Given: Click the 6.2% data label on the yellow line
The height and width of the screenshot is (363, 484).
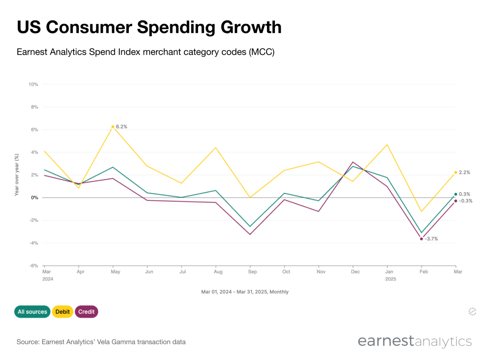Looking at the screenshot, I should tap(121, 127).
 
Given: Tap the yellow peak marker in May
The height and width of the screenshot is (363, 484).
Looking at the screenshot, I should tap(113, 127).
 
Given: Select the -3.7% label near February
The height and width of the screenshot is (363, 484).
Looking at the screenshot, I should tap(431, 239).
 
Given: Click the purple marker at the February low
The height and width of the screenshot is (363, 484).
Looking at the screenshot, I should tap(422, 239).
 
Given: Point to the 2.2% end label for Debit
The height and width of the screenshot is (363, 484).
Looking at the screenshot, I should tap(464, 172).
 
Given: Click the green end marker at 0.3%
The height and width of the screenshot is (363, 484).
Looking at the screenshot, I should tap(456, 194).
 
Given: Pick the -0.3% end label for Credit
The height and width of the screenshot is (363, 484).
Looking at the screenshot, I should tap(465, 201).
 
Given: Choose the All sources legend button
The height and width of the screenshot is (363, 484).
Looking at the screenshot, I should tap(32, 312).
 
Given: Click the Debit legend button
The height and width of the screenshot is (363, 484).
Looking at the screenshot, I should tap(62, 312).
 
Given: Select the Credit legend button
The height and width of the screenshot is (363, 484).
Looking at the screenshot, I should tap(86, 312).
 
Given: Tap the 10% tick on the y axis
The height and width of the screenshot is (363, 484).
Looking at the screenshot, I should tap(33, 84).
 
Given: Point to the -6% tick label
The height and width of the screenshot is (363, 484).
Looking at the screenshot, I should tap(33, 266).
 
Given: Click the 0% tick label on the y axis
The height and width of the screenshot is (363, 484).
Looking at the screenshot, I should tap(34, 198).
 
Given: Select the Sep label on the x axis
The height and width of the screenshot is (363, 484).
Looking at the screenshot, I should tap(252, 272).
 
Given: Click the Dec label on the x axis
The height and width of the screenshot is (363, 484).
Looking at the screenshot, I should tap(355, 272).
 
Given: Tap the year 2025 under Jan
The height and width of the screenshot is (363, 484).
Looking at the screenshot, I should tap(390, 279).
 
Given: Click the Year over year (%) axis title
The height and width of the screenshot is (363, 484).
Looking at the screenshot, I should tap(17, 175).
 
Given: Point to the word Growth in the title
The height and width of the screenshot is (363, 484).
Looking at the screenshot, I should tap(251, 27).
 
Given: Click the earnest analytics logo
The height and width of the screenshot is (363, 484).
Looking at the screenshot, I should tap(414, 341).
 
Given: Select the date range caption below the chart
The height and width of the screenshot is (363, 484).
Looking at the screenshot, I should tap(245, 292).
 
